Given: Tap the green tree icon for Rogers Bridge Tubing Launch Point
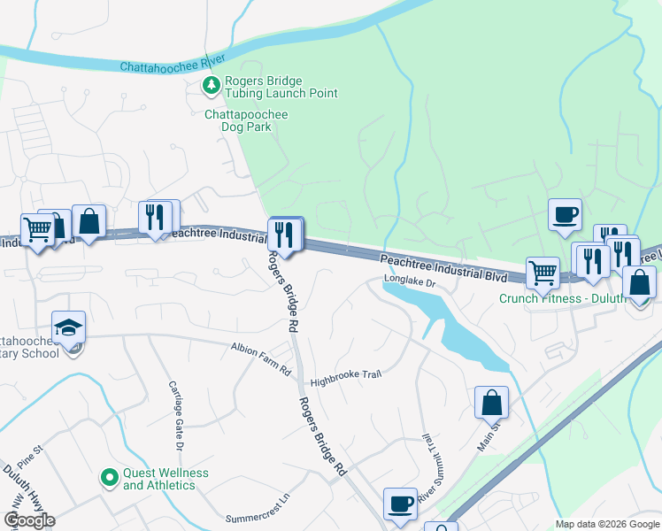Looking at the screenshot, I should coord(212,86).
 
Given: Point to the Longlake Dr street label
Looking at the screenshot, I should coord(410,282).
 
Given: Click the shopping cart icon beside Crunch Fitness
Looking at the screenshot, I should coord(543,273).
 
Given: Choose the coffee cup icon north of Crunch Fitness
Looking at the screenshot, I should coord(565,215).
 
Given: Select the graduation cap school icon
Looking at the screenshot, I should coord(68,327).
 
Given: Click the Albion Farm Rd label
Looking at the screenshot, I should coord(261,358).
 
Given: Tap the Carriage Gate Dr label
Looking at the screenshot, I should coord(174,417).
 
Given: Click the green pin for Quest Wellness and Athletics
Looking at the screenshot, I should coord(110,479).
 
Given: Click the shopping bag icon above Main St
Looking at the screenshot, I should coord(491,403).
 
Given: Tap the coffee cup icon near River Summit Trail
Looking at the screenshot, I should coord(400,503).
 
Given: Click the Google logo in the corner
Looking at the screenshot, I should coord(29,519).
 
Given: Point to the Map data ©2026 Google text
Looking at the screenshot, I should coord(606,524).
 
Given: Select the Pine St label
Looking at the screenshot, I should coord(29,458).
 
